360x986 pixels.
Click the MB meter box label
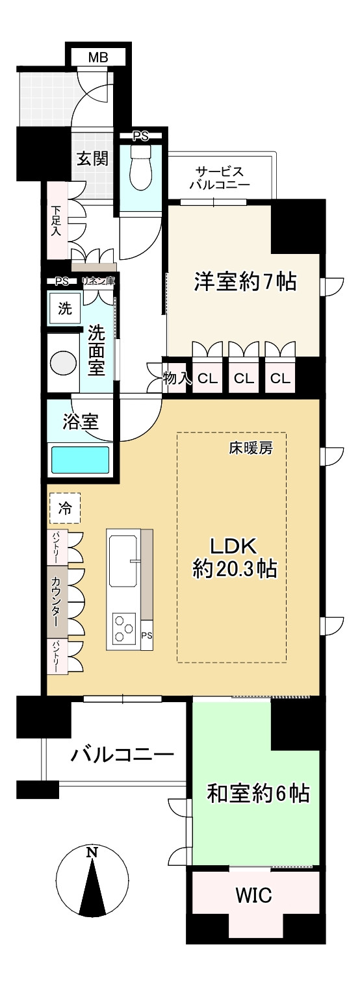click(98, 58)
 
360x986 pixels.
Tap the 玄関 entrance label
click(92, 158)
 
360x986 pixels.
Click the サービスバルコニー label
click(220, 177)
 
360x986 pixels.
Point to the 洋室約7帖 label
click(246, 281)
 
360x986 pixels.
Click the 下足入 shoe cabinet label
click(55, 221)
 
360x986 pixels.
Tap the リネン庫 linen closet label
click(98, 281)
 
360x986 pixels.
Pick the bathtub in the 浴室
click(80, 460)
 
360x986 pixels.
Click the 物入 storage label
click(177, 378)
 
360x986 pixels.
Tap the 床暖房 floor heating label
click(250, 448)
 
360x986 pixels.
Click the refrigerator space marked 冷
click(65, 508)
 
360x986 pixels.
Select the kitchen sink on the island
click(123, 561)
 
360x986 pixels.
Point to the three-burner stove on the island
click(124, 628)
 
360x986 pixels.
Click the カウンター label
click(56, 601)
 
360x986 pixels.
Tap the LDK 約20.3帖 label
click(235, 558)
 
